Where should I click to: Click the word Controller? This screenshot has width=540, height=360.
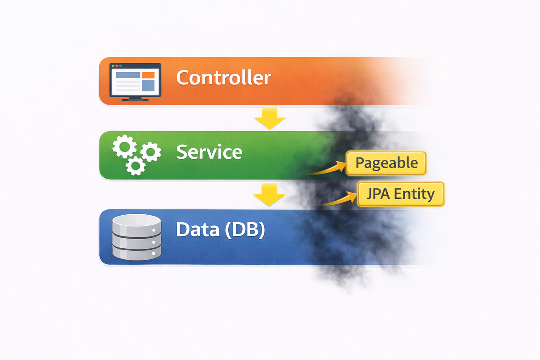(x=223, y=78)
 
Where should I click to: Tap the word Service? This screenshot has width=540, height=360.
(x=209, y=152)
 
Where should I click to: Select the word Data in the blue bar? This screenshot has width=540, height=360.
(x=197, y=230)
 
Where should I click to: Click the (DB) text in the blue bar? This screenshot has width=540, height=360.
(x=245, y=230)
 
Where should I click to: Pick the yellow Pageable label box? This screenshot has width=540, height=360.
(x=386, y=163)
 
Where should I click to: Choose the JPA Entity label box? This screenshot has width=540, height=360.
(x=401, y=194)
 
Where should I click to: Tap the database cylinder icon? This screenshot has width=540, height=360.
(x=137, y=237)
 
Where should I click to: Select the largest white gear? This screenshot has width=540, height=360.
(x=125, y=147)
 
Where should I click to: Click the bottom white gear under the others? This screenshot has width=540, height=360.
(x=135, y=166)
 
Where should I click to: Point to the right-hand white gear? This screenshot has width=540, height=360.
(x=151, y=152)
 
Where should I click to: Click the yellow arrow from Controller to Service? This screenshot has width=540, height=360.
(x=270, y=118)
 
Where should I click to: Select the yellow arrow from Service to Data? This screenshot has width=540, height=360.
(x=269, y=194)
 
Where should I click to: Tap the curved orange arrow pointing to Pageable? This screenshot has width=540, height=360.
(x=328, y=170)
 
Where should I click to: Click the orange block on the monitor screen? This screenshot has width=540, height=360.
(x=148, y=75)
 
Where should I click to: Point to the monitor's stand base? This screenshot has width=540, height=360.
(x=135, y=100)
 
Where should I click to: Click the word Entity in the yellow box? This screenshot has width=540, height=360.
(x=414, y=194)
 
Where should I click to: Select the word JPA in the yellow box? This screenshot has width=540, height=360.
(x=378, y=194)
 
